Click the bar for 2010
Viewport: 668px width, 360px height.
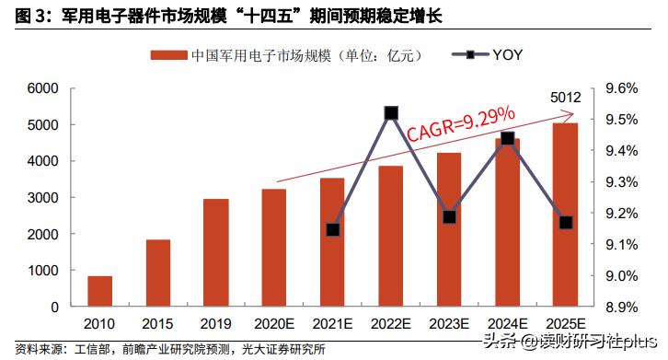point(100,291)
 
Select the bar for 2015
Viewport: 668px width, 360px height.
point(158,273)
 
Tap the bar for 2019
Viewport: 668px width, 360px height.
point(216,252)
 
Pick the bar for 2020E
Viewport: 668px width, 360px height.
point(274,248)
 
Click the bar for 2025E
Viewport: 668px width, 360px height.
point(565,215)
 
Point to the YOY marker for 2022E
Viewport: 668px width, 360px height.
point(391,113)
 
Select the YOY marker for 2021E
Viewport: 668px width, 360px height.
point(333,229)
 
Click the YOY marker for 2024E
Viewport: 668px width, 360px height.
point(507,139)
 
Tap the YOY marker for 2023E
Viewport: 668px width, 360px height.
point(449,217)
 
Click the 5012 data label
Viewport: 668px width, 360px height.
point(564,97)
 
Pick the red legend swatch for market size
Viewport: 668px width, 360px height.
point(168,55)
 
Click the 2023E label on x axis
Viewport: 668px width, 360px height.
point(449,324)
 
